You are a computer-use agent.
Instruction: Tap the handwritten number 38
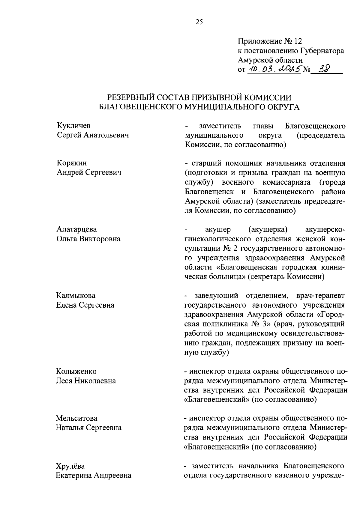324,69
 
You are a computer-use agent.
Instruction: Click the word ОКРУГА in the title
281,107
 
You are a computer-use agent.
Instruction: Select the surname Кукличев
73,126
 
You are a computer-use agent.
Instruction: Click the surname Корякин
72,163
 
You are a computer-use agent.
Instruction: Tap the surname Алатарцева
76,229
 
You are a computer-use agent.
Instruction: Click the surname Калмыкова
76,296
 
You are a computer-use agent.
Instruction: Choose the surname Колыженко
76,371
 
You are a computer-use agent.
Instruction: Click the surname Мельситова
76,418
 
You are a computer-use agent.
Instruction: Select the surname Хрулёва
70,466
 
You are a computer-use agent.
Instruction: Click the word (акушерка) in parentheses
268,230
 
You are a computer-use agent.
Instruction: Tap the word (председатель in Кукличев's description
321,136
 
